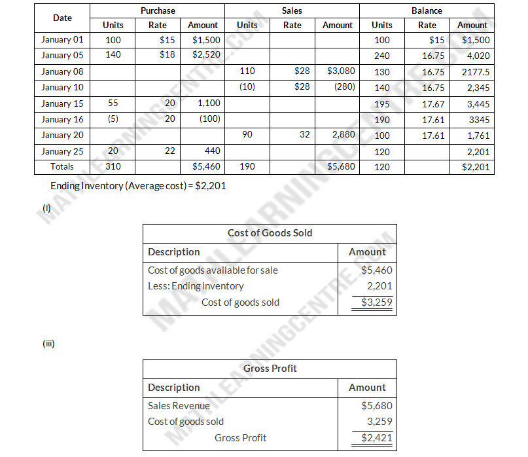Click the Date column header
62,18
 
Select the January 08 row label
62,71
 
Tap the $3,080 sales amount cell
340,71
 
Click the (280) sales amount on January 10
343,87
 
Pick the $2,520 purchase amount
205,56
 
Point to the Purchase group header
158,10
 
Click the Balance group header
427,10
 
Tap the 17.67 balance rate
433,103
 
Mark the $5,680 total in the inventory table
340,167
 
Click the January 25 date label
62,151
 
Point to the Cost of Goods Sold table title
270,233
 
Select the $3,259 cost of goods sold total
377,302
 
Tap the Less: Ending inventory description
196,286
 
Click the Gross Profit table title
270,369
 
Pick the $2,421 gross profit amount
377,438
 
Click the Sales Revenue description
179,406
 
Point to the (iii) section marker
48,342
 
